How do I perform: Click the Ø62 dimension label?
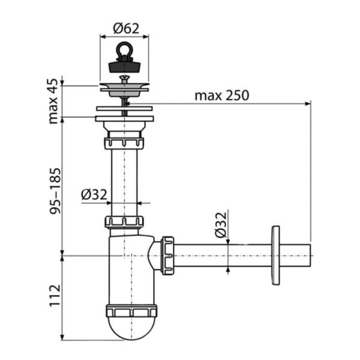pos(125,27)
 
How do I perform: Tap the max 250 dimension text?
pos(221,95)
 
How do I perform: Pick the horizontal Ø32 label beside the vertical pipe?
pos(93,194)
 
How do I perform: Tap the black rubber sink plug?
pos(125,65)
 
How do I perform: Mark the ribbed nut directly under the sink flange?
pos(125,143)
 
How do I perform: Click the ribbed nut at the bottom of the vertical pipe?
pos(125,223)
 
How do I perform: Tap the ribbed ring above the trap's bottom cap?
pos(132,311)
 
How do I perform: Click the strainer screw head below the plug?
pos(125,78)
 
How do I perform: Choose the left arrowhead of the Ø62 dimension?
pos(101,37)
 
